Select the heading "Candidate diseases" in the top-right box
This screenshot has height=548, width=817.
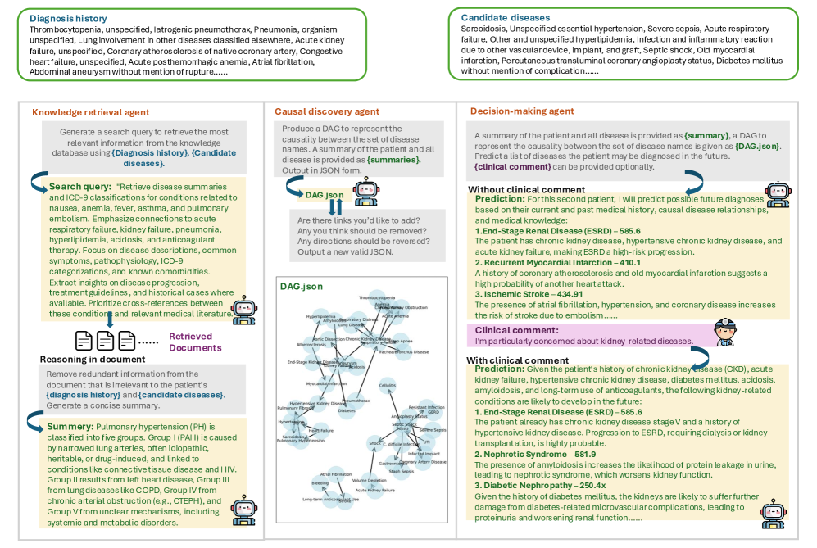506,17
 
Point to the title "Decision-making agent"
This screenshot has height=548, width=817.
522,111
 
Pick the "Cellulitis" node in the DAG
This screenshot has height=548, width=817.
387,384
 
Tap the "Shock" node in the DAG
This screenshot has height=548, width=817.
374,442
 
